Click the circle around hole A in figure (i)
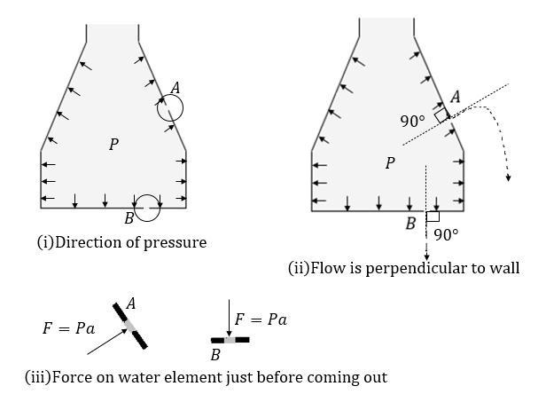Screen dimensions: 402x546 click(x=170, y=108)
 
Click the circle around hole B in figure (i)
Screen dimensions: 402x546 click(x=147, y=208)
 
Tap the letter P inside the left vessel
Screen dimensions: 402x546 click(x=113, y=144)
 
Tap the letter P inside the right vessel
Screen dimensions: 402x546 click(x=389, y=163)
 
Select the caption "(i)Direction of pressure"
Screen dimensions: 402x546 click(x=121, y=241)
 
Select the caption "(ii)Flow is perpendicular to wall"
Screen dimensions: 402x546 click(x=403, y=267)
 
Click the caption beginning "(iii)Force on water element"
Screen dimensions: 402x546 click(x=206, y=377)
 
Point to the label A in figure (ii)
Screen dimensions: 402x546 click(x=455, y=98)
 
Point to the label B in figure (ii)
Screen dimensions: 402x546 click(x=410, y=224)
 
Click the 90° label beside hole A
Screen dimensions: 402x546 click(x=412, y=121)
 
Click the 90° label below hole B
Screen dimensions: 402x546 click(x=446, y=235)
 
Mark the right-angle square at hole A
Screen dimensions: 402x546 click(x=441, y=114)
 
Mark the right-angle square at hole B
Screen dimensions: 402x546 click(x=433, y=216)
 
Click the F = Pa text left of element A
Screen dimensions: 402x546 click(x=68, y=327)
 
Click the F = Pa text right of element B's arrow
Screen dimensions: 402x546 click(x=261, y=319)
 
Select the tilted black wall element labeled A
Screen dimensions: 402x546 click(x=130, y=327)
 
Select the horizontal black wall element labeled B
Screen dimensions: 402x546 click(x=230, y=340)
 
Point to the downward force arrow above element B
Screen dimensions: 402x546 click(x=229, y=320)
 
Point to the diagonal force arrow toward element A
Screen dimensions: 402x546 click(x=107, y=341)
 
